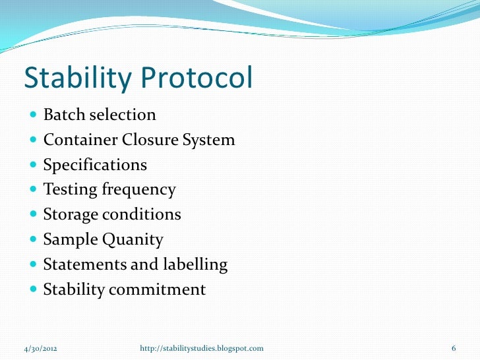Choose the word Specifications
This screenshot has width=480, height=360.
coord(95,165)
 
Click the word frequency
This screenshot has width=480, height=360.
coord(138,191)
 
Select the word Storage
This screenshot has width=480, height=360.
coord(69,215)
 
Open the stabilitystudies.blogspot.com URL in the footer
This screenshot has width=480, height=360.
coord(202,347)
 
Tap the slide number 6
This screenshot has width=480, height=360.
coord(454,347)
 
